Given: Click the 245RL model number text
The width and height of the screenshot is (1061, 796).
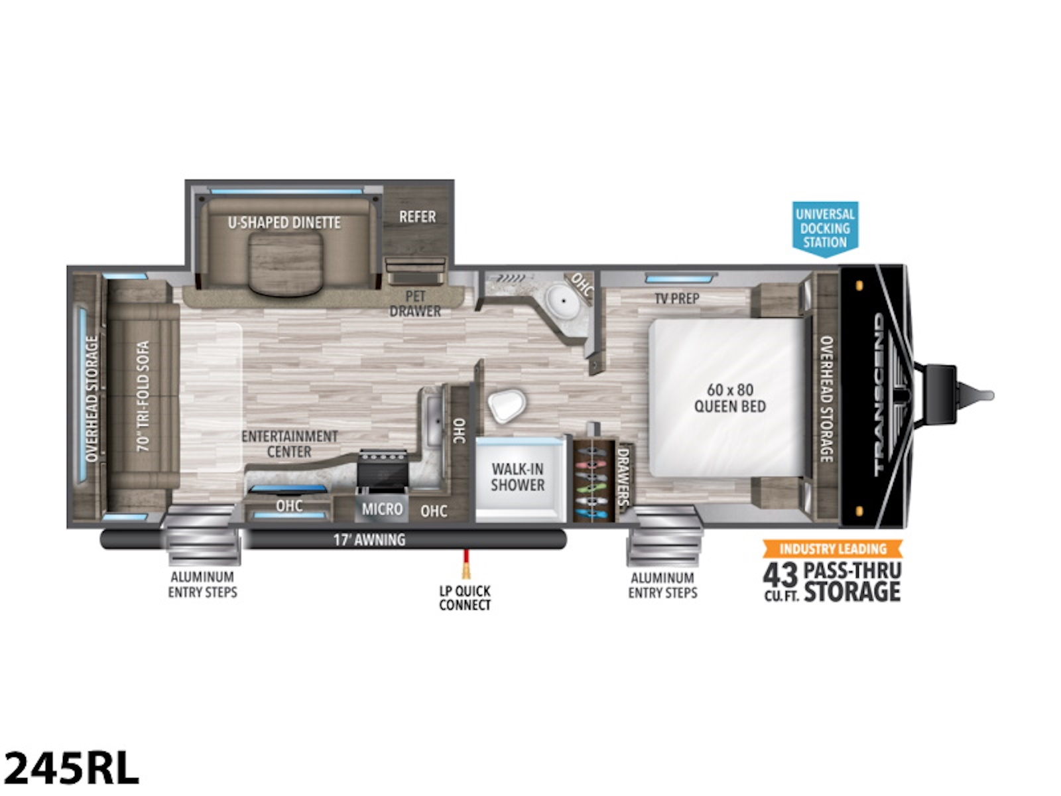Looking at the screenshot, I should tap(72, 767).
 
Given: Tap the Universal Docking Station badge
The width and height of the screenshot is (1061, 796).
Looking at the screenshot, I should tap(825, 228).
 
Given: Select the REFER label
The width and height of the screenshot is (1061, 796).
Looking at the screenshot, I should tap(417, 217).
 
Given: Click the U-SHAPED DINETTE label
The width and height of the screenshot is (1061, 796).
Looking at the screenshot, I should tap(284, 223).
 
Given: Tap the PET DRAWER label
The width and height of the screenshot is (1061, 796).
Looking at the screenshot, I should tap(415, 304).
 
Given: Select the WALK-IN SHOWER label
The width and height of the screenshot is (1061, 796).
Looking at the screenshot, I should tap(517, 477).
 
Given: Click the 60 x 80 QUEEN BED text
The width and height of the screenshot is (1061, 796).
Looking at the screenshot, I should tap(729, 398).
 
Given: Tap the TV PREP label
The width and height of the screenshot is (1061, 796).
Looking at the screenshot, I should tap(676, 298).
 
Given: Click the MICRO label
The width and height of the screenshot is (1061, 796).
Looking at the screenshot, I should tap(382, 509).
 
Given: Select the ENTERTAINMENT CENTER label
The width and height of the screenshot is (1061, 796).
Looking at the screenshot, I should tap(289, 444).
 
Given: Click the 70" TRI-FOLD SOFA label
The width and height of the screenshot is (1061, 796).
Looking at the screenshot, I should tap(143, 396).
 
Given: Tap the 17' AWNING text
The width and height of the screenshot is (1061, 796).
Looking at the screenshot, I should tap(369, 539).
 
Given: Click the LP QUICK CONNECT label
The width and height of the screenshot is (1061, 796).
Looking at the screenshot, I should tap(464, 598).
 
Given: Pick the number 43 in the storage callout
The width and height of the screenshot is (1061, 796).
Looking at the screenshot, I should tap(780, 574).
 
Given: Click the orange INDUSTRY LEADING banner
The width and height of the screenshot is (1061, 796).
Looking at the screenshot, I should tap(832, 549).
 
